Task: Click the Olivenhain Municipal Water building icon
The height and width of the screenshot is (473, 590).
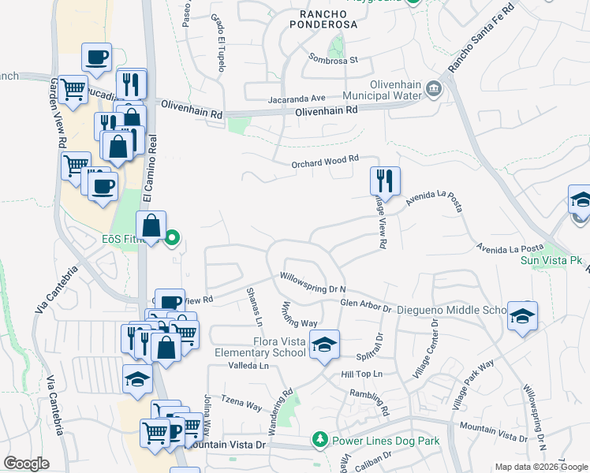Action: click(x=433, y=88)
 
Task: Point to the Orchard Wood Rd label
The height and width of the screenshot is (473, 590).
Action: click(x=325, y=161)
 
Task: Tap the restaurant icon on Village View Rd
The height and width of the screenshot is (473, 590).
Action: click(x=385, y=181)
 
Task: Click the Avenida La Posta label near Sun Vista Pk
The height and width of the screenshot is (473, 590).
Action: click(x=511, y=249)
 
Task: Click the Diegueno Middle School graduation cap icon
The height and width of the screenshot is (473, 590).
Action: click(x=522, y=316)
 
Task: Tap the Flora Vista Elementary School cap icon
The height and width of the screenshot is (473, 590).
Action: click(x=323, y=345)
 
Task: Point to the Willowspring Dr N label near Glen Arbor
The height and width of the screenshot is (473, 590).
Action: click(x=313, y=283)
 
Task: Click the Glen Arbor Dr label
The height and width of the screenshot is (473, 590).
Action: click(x=366, y=304)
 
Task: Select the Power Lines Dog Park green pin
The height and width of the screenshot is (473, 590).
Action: click(x=320, y=438)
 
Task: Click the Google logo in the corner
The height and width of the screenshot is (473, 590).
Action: click(x=26, y=464)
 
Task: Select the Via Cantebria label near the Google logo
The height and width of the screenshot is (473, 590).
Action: click(x=58, y=404)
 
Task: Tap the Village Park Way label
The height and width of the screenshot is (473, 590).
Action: click(x=473, y=384)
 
